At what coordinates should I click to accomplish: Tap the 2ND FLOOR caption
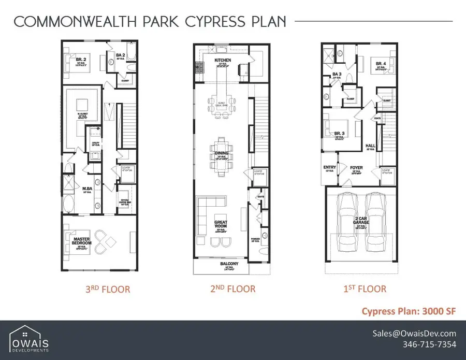[x=232, y=289]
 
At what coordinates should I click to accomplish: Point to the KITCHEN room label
[x=223, y=61]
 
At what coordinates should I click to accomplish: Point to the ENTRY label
[x=330, y=167]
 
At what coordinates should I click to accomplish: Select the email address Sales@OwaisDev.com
[x=415, y=334]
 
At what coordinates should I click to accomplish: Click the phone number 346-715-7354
[x=429, y=345]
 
